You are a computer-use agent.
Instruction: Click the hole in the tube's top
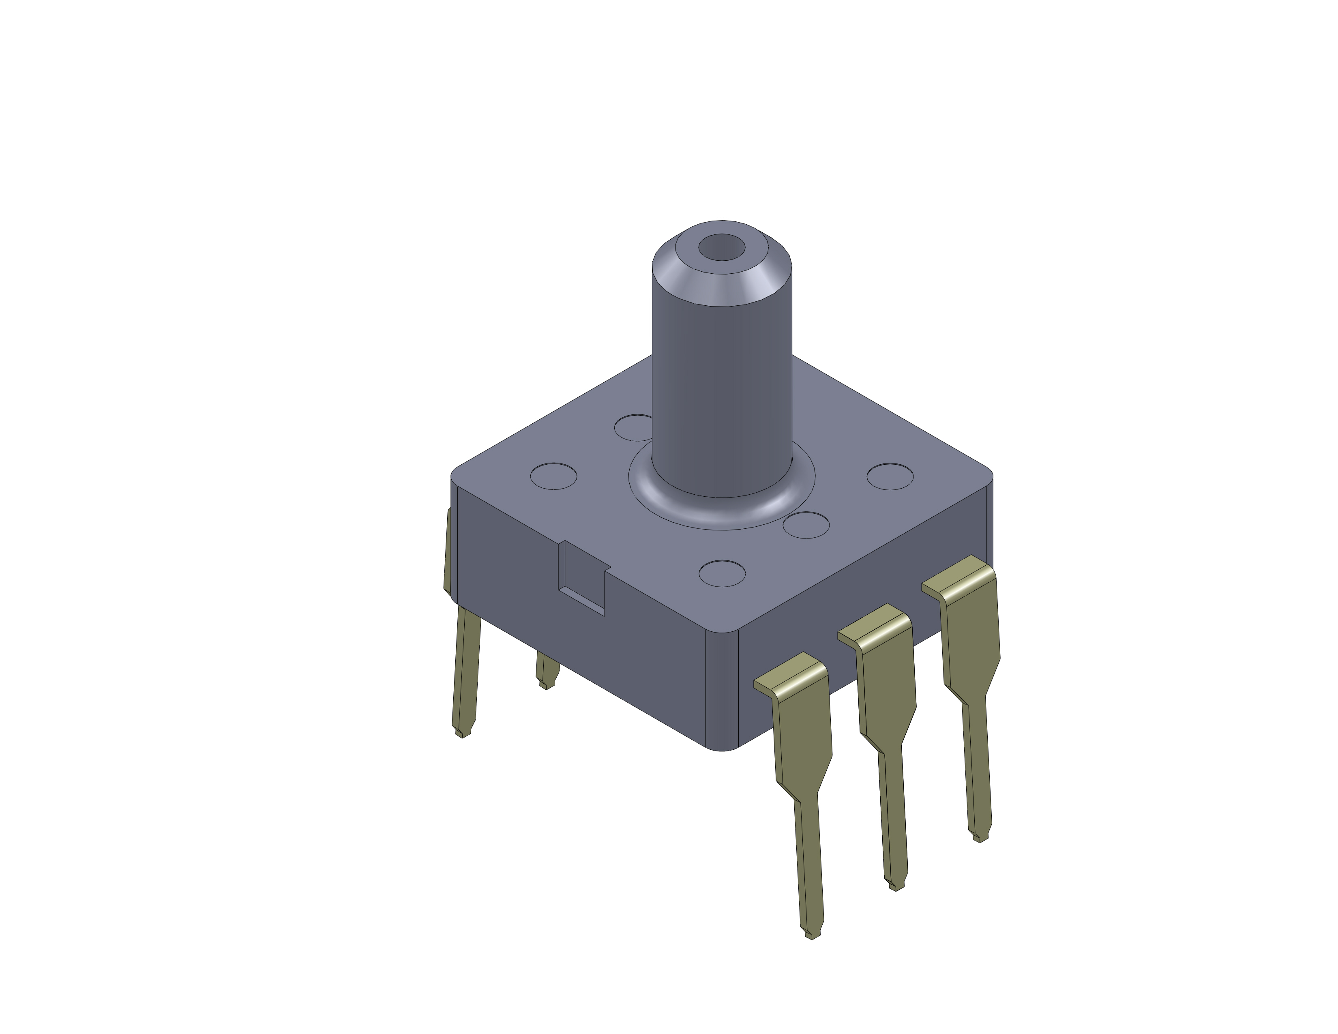(x=722, y=247)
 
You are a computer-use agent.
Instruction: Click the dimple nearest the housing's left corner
(x=553, y=476)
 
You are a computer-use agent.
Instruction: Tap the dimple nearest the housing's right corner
(x=890, y=476)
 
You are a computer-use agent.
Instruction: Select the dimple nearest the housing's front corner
(x=722, y=573)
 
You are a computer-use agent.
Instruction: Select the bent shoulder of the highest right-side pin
(x=959, y=579)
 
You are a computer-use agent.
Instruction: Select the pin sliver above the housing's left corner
(x=447, y=551)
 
